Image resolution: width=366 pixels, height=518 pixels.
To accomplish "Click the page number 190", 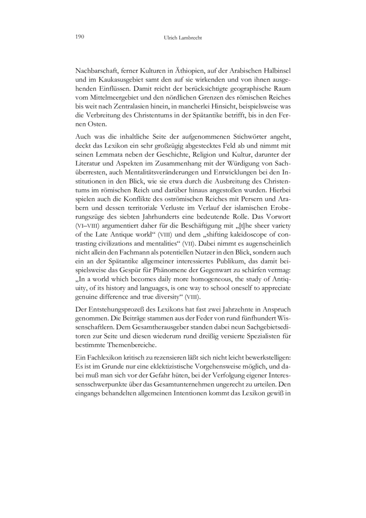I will pos(79,37).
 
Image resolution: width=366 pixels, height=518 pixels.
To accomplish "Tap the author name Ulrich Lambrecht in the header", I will pos(183,38).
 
